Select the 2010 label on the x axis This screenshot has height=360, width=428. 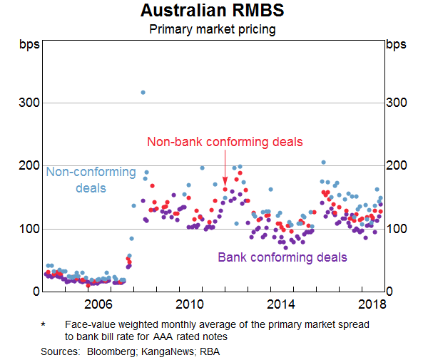point(189,305)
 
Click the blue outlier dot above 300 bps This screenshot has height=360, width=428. point(143,92)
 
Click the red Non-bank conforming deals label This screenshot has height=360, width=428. point(225,141)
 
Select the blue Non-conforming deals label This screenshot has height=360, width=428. point(91,180)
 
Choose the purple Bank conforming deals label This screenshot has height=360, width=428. point(282,257)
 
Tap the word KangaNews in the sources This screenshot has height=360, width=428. point(166,351)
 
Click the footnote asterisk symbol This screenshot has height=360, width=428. point(43,324)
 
